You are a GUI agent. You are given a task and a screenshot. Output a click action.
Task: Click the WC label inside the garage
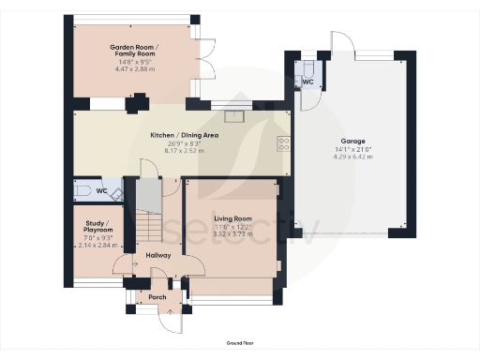pyautogui.click(x=307, y=82)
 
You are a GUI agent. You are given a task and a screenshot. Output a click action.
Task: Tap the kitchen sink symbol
pyautogui.click(x=232, y=116)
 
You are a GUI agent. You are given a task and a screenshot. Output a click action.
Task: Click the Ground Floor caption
pyautogui.click(x=239, y=345)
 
